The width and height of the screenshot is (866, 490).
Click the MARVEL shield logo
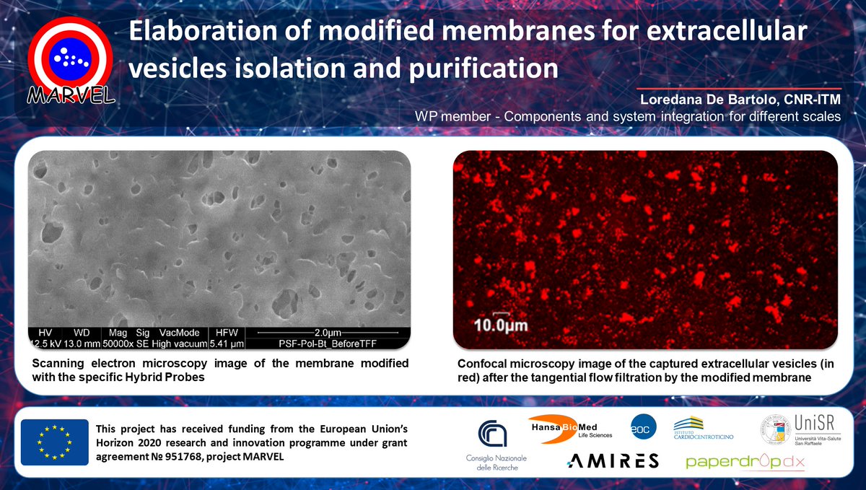70,59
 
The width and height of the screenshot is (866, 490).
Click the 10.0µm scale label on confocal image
499,325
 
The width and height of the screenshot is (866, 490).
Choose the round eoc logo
642,426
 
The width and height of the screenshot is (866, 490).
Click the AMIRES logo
613,461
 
